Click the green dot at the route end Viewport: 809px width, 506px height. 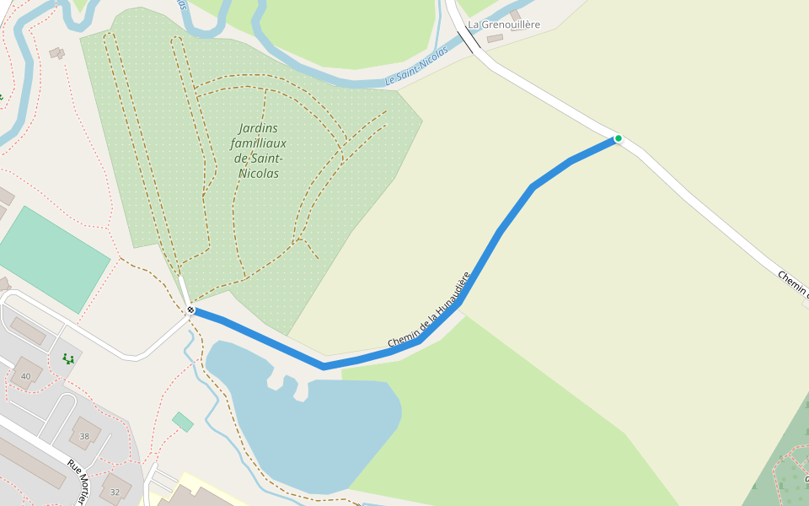(x=618, y=138)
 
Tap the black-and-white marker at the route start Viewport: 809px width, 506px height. (x=191, y=310)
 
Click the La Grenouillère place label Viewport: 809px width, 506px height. (x=504, y=24)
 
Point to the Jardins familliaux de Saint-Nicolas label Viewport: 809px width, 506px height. (x=258, y=151)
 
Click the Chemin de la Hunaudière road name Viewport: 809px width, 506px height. (x=428, y=311)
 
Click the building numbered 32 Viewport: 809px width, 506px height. (x=115, y=489)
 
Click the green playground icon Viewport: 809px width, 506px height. (x=68, y=359)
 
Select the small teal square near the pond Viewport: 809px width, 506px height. (x=182, y=422)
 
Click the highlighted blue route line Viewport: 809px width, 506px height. (x=497, y=236)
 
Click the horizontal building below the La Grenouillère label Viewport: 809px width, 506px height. (x=495, y=38)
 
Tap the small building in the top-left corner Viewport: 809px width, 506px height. (x=56, y=53)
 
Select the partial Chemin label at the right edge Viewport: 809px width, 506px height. (x=793, y=284)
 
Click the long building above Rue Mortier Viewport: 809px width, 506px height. (x=29, y=460)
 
